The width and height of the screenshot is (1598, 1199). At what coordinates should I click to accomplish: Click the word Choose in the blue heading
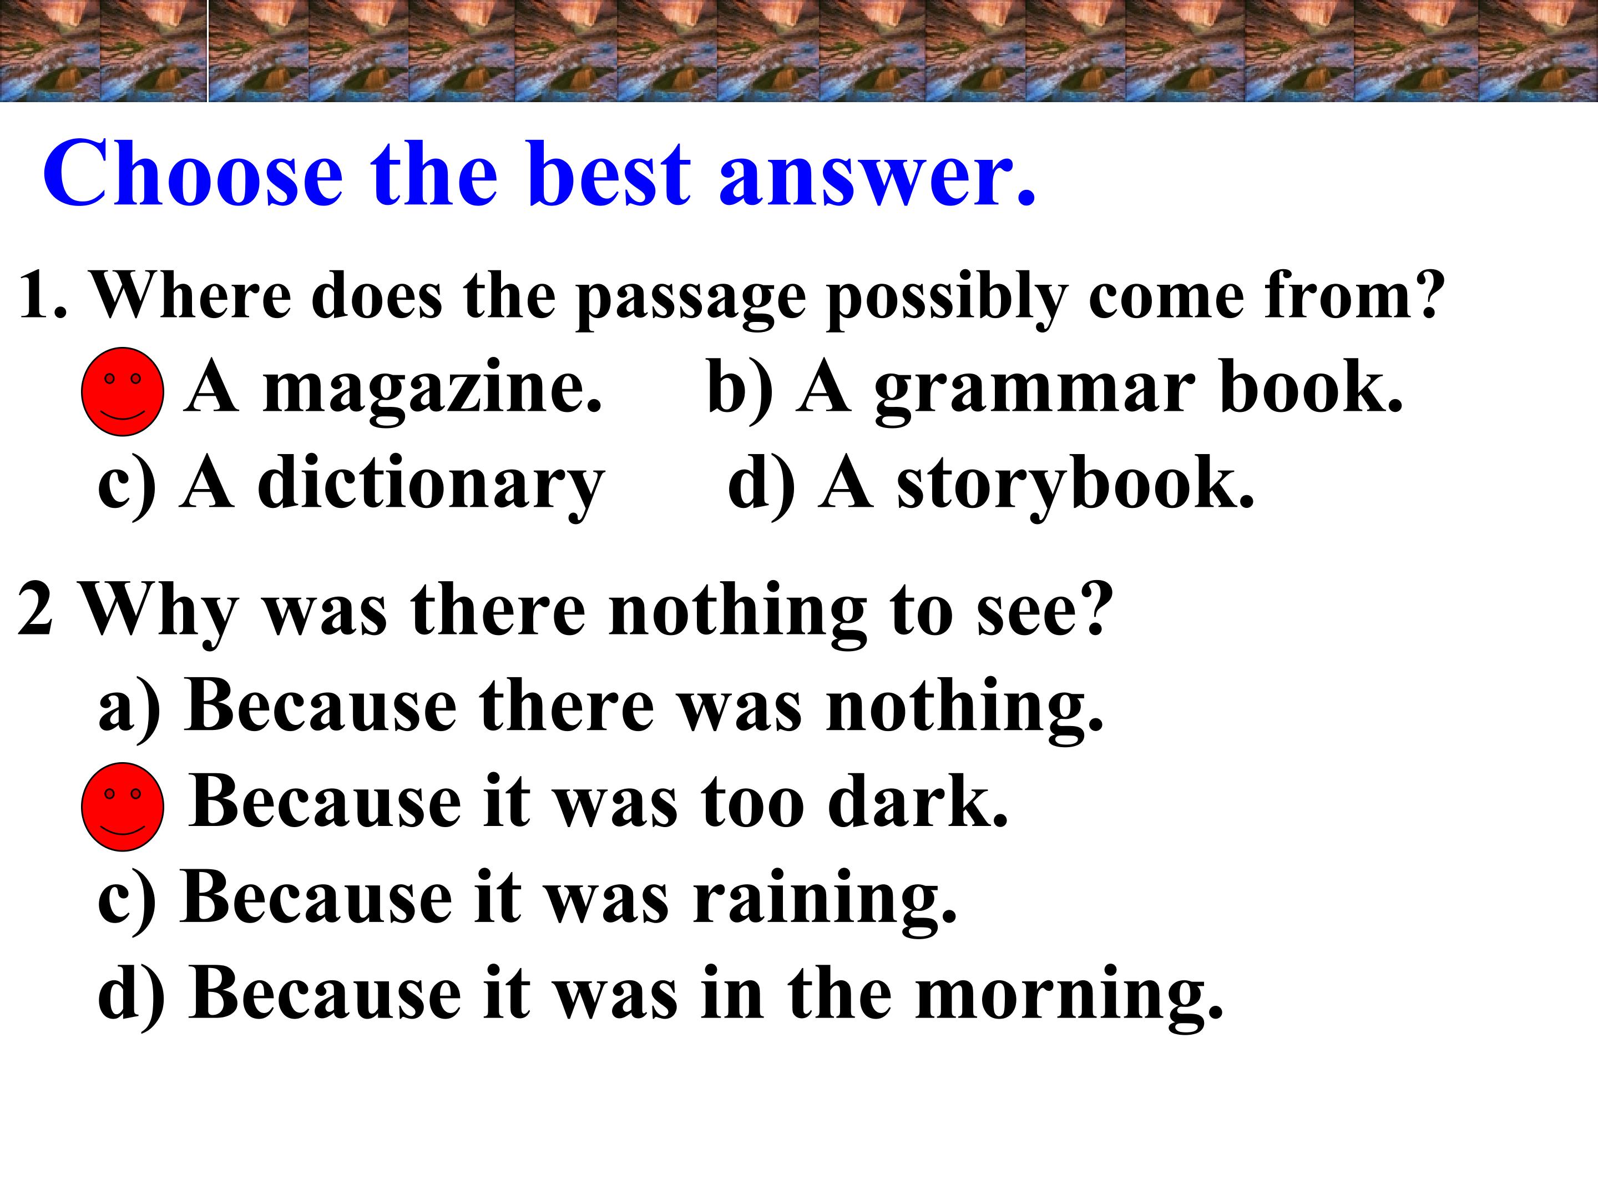[x=193, y=173]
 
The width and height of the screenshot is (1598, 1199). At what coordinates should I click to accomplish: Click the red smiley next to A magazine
[x=123, y=392]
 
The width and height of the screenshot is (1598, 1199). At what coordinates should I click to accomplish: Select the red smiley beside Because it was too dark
[x=123, y=807]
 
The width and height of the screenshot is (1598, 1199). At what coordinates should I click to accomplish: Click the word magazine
[x=432, y=390]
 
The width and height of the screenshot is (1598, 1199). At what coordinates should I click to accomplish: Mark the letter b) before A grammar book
[x=740, y=390]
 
